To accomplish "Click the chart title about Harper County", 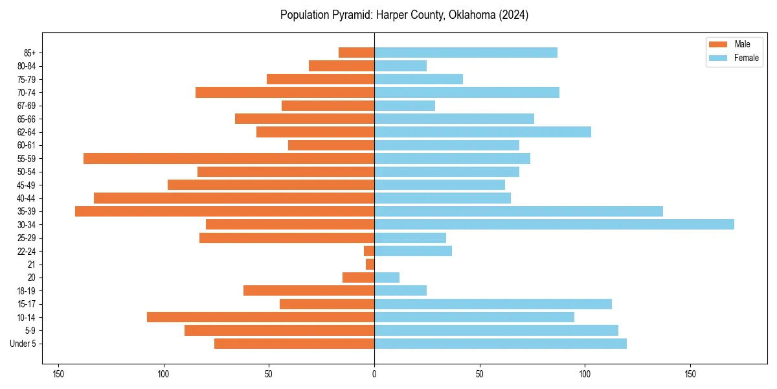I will tap(404, 15).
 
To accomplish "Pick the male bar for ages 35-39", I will tap(225, 211).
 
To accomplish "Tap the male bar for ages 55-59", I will tap(229, 158).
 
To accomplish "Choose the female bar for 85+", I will tap(466, 53).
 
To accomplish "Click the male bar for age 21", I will tap(370, 264).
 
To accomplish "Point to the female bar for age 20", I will tap(387, 277).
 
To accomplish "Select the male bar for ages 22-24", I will tap(369, 251).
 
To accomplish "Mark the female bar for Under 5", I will tap(500, 344).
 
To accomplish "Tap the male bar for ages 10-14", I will tap(260, 317).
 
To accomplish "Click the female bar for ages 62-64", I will tap(482, 132).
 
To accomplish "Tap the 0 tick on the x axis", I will tap(374, 374).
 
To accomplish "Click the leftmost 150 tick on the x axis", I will tap(58, 374).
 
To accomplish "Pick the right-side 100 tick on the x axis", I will tap(585, 374).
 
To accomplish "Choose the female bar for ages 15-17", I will tap(493, 304).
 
